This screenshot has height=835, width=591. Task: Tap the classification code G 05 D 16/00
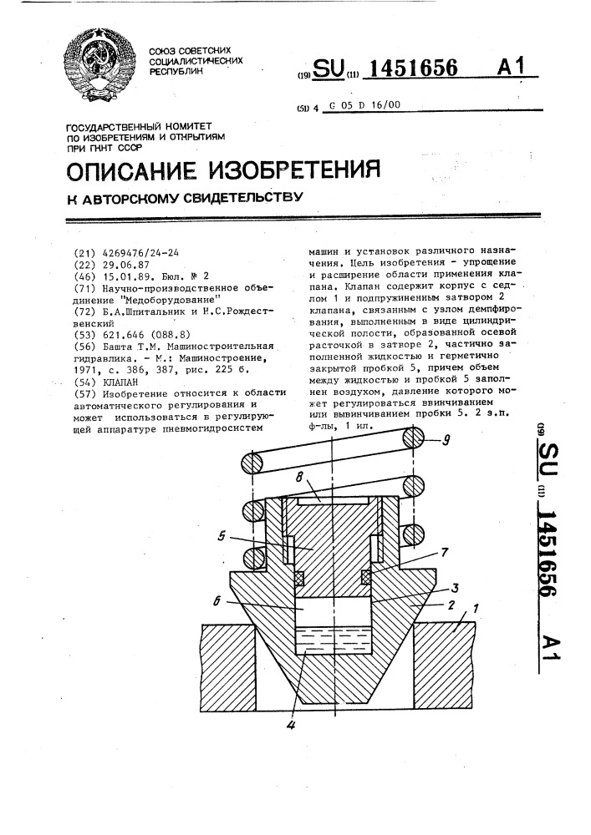point(365,106)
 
